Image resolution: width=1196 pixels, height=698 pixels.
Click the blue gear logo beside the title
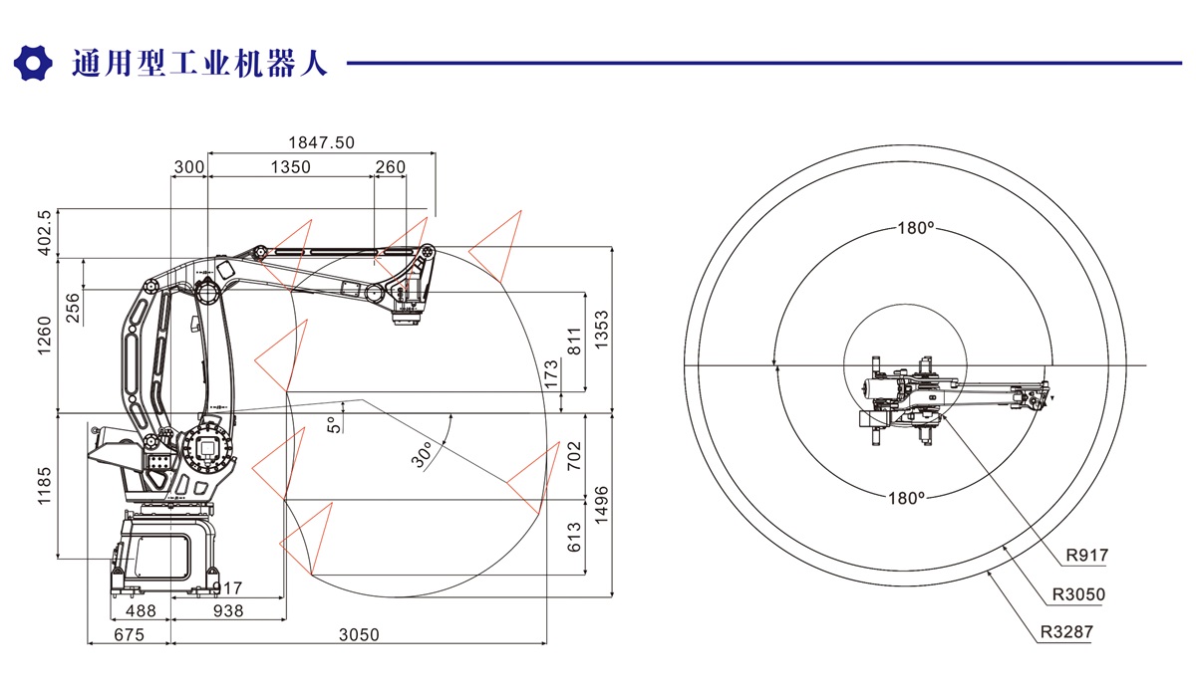pyautogui.click(x=33, y=63)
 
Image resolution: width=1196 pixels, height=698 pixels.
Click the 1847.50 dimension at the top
pyautogui.click(x=321, y=143)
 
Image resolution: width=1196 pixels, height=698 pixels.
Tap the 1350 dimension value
pyautogui.click(x=290, y=167)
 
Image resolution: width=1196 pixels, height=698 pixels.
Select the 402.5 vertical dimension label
pyautogui.click(x=44, y=232)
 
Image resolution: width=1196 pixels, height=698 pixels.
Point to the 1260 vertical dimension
pyautogui.click(x=44, y=336)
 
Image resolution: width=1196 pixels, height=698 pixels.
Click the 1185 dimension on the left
pyautogui.click(x=44, y=486)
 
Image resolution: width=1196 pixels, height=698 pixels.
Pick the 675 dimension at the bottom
pyautogui.click(x=130, y=635)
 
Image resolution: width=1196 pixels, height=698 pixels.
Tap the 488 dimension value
pyautogui.click(x=141, y=611)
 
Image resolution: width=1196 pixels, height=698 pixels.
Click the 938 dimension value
pyautogui.click(x=228, y=611)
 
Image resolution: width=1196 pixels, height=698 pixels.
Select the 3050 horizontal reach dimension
pyautogui.click(x=360, y=635)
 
